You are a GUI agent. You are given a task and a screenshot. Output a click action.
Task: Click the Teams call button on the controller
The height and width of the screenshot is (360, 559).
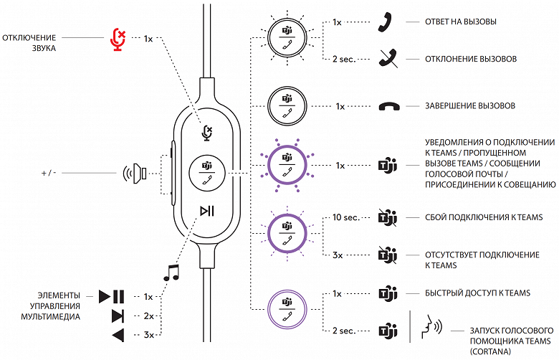tap(207, 173)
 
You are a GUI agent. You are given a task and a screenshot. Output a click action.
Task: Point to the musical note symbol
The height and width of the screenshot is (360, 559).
tap(171, 273)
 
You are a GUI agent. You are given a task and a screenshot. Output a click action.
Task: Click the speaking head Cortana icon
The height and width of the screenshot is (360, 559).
tap(429, 329)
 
